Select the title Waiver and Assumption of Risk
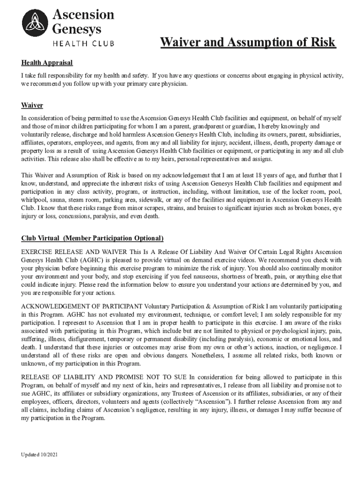tap(248, 43)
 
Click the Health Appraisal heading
tap(47, 63)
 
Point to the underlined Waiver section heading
tap(32, 105)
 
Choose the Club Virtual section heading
tap(92, 238)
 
